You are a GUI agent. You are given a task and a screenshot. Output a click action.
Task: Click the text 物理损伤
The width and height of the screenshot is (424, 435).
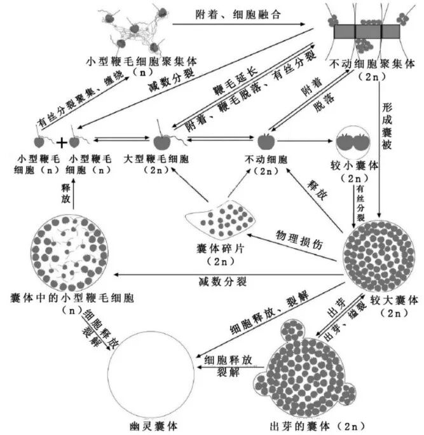[294, 234]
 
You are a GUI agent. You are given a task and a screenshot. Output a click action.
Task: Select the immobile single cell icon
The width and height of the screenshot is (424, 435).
[264, 140]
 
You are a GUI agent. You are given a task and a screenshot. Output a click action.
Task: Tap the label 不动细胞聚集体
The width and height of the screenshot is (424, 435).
[373, 64]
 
